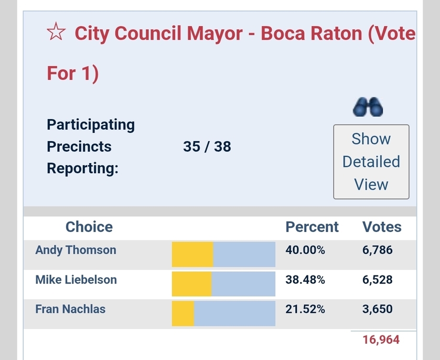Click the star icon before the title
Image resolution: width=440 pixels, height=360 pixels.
(56, 34)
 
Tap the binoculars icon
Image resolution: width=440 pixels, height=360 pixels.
(368, 107)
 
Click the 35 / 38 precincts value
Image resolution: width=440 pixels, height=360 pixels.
(207, 146)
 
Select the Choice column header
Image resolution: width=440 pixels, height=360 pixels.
(89, 227)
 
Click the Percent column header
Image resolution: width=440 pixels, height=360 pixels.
(312, 227)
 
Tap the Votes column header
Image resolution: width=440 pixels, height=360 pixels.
(382, 227)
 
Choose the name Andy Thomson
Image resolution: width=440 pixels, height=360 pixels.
(76, 250)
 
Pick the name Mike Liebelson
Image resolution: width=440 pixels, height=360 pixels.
(76, 280)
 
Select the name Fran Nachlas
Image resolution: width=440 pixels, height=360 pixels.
(70, 309)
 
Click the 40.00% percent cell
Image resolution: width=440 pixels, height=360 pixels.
(305, 250)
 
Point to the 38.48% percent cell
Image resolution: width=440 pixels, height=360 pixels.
(305, 280)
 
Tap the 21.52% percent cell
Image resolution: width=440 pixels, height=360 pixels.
(305, 309)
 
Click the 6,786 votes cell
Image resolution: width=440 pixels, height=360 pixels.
(378, 250)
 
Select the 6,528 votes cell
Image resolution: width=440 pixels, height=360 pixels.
(378, 280)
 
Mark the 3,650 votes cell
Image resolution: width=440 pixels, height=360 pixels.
(378, 309)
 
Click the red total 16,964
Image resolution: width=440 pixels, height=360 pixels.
(381, 340)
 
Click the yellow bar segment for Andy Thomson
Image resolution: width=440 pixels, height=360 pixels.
(192, 255)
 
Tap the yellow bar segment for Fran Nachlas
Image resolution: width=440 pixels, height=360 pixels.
(183, 313)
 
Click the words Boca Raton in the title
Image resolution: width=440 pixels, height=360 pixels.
(312, 34)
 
